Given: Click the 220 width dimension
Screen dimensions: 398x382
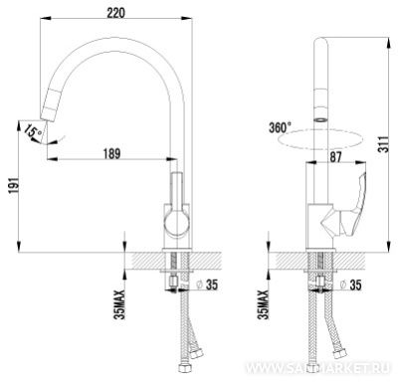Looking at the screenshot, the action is pos(115,13).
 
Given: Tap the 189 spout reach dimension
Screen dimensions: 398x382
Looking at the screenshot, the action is pos(111,153).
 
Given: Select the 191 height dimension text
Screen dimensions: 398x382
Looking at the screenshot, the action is pos(12,186).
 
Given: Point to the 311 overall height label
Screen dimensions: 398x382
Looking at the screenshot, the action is pos(384,143).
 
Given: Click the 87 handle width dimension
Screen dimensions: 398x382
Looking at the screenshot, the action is pos(335,157).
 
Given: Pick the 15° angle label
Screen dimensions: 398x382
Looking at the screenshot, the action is pos(32,131).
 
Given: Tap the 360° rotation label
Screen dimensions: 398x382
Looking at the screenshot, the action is pos(280,127).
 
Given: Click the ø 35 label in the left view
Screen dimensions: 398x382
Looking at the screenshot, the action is pos(206,285).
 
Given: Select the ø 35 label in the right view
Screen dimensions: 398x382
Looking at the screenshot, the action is pos(350,285).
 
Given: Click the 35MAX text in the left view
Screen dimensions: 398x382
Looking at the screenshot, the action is pos(119,304).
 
